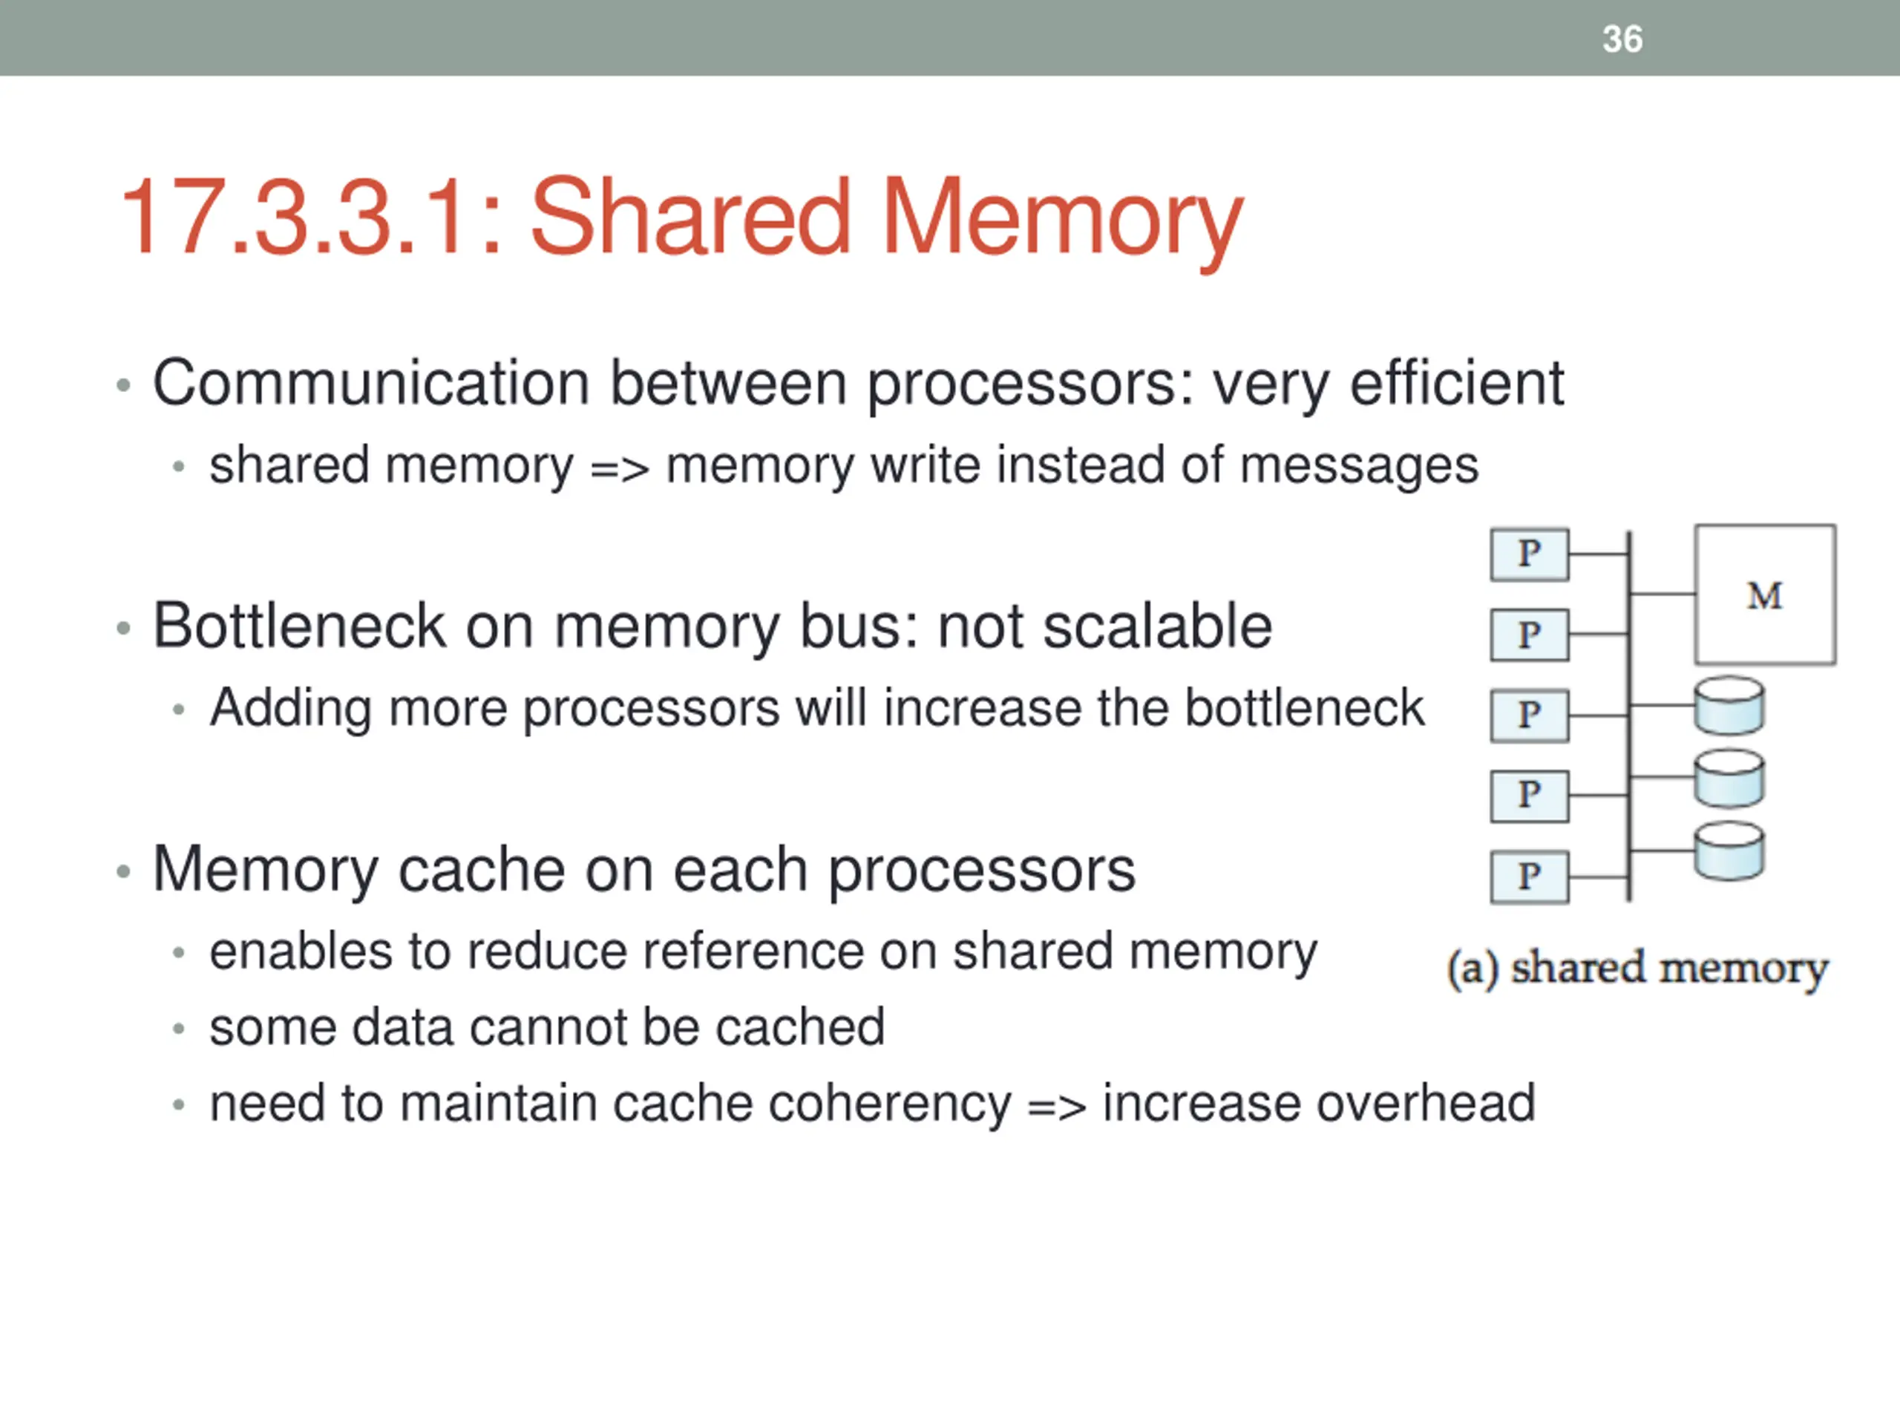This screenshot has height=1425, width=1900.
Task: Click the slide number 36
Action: (1622, 39)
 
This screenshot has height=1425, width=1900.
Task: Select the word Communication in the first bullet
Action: (371, 383)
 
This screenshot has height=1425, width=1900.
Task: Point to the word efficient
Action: (1457, 383)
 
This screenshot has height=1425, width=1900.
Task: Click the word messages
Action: (1359, 466)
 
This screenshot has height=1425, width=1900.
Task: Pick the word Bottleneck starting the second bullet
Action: (299, 626)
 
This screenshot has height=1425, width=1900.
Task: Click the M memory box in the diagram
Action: (1765, 594)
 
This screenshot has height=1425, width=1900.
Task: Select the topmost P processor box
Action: (1529, 554)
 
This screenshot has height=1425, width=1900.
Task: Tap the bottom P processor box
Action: (1529, 877)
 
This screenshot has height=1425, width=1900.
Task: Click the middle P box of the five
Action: (1529, 715)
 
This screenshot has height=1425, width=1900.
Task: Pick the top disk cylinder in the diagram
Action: (1729, 706)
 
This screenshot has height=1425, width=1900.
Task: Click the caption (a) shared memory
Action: (1637, 969)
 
